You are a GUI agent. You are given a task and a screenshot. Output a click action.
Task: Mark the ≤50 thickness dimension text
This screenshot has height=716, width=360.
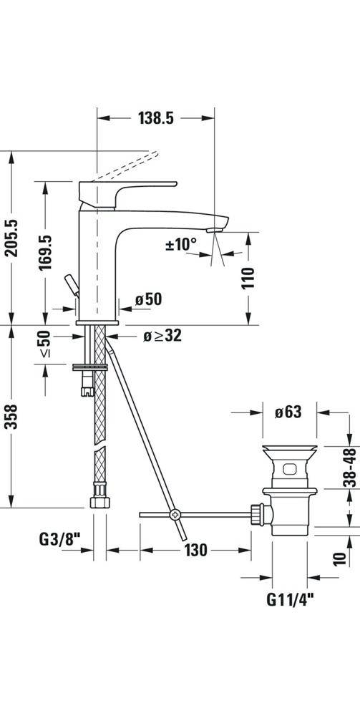tap(45, 344)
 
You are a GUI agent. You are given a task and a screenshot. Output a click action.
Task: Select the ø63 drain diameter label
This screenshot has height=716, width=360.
tap(287, 412)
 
